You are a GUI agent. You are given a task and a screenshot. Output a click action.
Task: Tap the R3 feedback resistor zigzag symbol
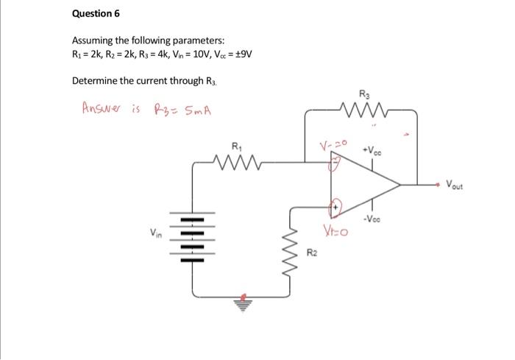pos(365,111)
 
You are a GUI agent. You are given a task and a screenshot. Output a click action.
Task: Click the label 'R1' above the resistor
pos(235,146)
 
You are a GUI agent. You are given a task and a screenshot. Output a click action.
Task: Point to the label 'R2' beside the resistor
pos(312,254)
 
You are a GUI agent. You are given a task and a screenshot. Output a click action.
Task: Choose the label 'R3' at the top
pos(366,94)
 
